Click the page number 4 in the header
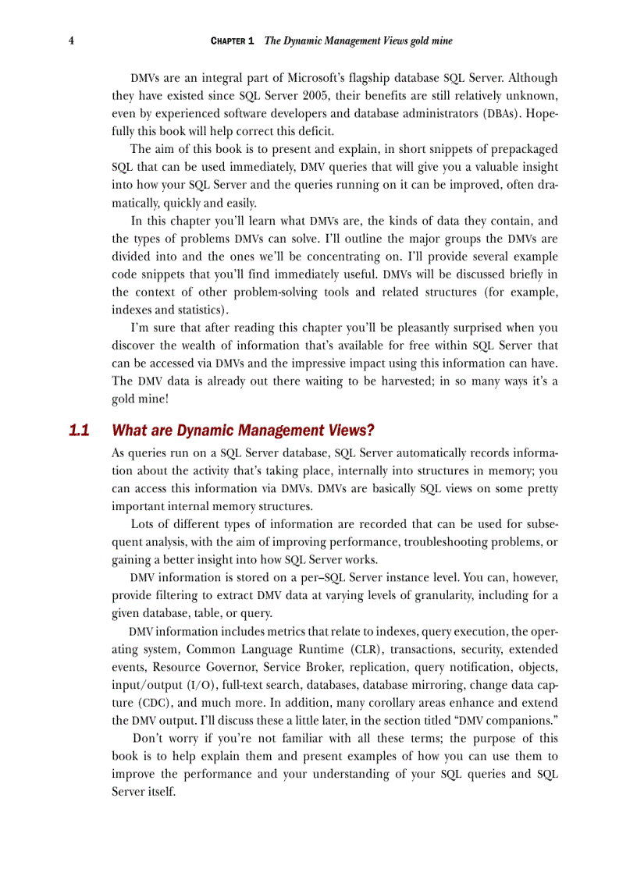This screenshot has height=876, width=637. [x=71, y=41]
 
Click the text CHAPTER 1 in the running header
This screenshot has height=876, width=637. [x=233, y=41]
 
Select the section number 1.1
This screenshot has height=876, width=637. [x=80, y=431]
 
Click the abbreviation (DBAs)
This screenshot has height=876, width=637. [x=493, y=113]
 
